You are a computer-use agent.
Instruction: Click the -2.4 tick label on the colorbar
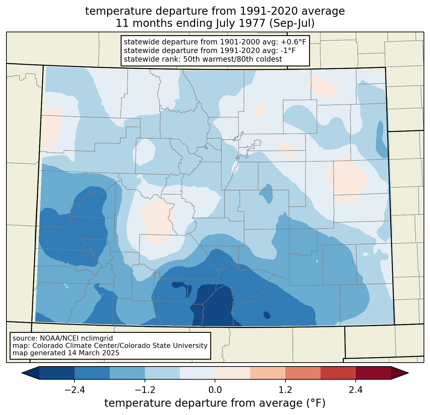tap(75, 390)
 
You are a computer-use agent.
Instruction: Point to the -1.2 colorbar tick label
tap(145, 390)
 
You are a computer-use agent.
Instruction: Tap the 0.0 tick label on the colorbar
tap(215, 390)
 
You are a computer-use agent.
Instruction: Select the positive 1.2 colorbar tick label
tap(285, 390)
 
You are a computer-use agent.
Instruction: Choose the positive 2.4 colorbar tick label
tap(355, 390)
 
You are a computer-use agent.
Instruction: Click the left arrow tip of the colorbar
tap(22, 373)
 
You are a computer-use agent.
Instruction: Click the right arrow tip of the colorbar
tap(408, 373)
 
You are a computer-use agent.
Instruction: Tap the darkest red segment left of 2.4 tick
tap(338, 373)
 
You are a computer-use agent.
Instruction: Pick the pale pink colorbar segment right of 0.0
tap(233, 373)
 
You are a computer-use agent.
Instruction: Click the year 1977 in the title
tap(253, 23)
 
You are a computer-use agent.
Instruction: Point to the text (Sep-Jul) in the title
tap(292, 23)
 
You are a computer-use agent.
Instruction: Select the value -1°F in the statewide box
tap(286, 50)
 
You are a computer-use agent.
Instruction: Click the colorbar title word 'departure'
tap(200, 403)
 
